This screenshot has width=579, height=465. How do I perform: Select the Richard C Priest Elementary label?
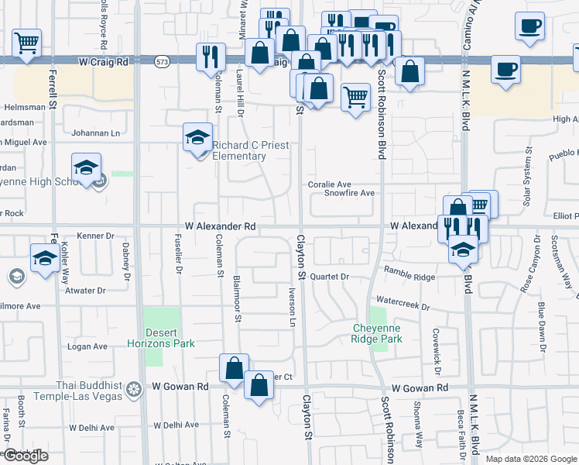tap(239, 150)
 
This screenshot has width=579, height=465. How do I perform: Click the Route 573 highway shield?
tap(162, 60)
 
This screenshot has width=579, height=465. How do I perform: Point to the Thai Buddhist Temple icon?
tap(134, 387)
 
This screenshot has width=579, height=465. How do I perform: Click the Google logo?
tap(25, 456)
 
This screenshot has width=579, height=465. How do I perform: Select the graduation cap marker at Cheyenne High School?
tap(87, 166)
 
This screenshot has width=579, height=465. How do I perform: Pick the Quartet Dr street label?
tap(331, 277)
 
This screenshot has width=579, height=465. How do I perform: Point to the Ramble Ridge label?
tap(410, 277)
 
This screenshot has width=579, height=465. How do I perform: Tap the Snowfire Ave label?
tap(349, 193)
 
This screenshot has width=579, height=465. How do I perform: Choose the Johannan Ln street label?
tap(95, 133)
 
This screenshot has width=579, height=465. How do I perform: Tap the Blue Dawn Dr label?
tap(541, 325)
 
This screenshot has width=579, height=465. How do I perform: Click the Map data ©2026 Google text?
tap(531, 459)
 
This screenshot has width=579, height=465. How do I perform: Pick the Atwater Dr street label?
tap(85, 291)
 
